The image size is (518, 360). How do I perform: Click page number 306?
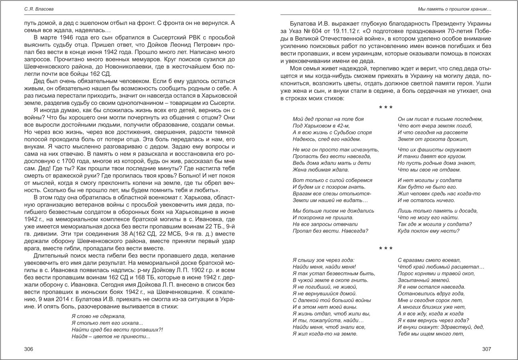pos(29,349)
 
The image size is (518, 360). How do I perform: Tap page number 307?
pos(487,349)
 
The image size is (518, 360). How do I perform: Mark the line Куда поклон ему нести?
pos(428,231)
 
